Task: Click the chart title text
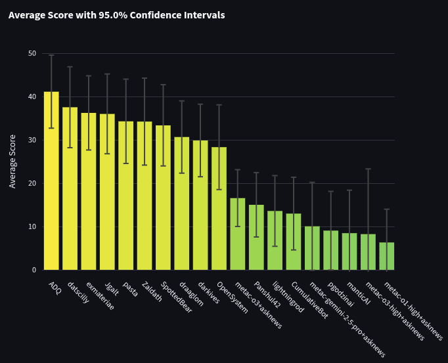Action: click(116, 15)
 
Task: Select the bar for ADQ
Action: click(51, 181)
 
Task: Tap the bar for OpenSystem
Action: click(219, 209)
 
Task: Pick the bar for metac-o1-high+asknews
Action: click(387, 256)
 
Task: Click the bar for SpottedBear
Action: click(163, 198)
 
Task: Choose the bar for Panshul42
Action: click(256, 238)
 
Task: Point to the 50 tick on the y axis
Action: click(32, 53)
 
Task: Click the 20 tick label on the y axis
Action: click(32, 183)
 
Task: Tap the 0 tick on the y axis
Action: click(34, 270)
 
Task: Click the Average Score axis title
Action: click(12, 161)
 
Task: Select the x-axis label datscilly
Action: click(78, 293)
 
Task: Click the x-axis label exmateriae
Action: click(100, 296)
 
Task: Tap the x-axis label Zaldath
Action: click(152, 291)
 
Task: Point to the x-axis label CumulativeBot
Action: click(309, 300)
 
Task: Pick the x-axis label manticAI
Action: click(358, 293)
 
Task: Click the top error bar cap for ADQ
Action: click(51, 55)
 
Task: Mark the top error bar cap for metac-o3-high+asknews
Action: click(369, 169)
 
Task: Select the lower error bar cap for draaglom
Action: click(182, 173)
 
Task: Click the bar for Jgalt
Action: click(108, 192)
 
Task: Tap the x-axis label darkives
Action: click(209, 293)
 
